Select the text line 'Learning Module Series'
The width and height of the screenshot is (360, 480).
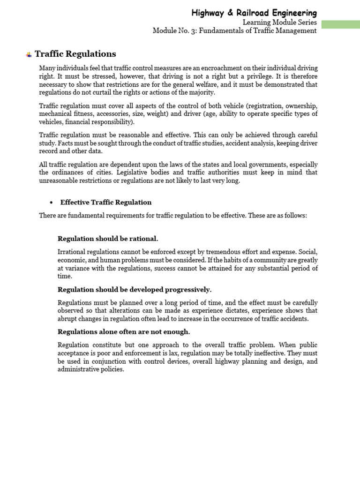(x=279, y=22)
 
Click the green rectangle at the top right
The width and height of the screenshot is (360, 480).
(x=341, y=24)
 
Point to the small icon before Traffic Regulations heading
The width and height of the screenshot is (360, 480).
(x=29, y=55)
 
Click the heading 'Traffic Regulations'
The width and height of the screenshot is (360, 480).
(x=75, y=54)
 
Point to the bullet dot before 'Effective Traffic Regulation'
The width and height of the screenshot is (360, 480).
(x=51, y=202)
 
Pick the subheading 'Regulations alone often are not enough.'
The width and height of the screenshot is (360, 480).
(x=124, y=332)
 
